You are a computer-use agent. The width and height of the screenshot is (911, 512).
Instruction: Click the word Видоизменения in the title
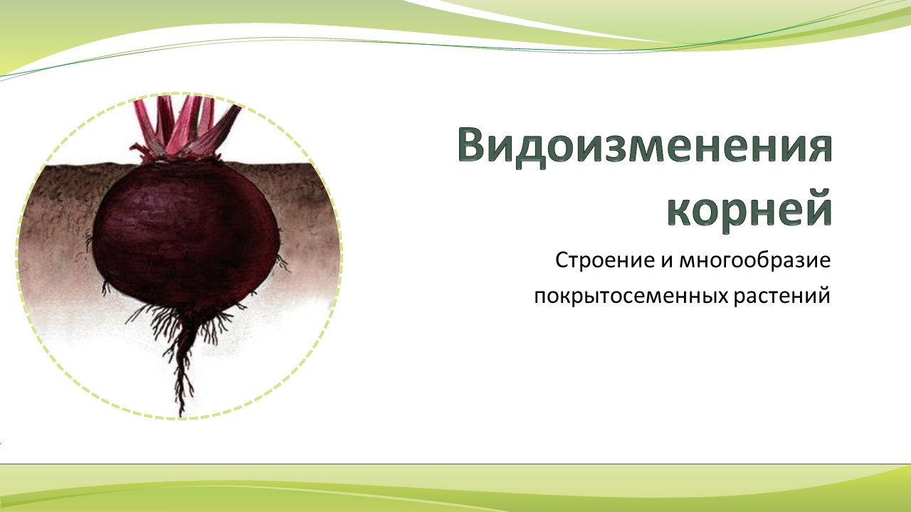(645, 146)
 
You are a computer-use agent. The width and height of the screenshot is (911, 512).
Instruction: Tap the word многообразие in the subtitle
(755, 261)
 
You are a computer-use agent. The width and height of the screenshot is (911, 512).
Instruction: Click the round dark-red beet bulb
(186, 234)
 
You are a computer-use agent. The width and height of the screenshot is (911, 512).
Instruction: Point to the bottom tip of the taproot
(181, 416)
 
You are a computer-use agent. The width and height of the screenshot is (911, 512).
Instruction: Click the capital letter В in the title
(473, 146)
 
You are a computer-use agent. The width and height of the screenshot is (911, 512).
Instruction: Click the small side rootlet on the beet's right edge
(282, 262)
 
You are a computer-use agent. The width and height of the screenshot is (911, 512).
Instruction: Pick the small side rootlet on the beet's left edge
(90, 241)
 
